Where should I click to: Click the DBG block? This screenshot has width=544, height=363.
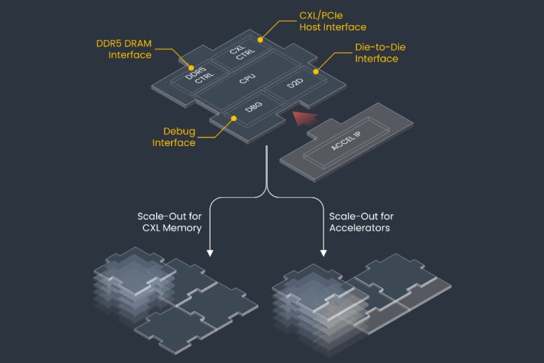coord(253,107)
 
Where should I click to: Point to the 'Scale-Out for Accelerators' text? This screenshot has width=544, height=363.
coord(361,222)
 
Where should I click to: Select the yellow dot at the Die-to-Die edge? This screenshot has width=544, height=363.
coord(315,72)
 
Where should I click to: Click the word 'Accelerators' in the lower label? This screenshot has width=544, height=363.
coord(361,228)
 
